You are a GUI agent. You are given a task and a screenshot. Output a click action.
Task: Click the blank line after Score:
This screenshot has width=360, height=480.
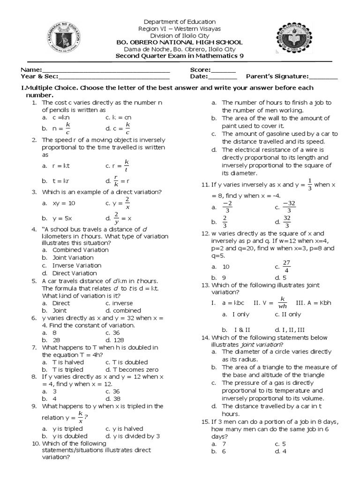tap(224, 70)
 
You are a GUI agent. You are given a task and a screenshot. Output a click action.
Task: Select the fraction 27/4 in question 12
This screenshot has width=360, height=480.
tap(286, 266)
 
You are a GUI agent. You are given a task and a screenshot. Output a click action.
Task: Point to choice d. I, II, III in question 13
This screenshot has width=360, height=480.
tap(290, 330)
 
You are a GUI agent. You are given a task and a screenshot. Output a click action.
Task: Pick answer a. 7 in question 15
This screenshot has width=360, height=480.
tap(219, 443)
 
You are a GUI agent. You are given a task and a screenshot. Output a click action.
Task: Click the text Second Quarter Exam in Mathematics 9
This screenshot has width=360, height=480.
tap(180, 57)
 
